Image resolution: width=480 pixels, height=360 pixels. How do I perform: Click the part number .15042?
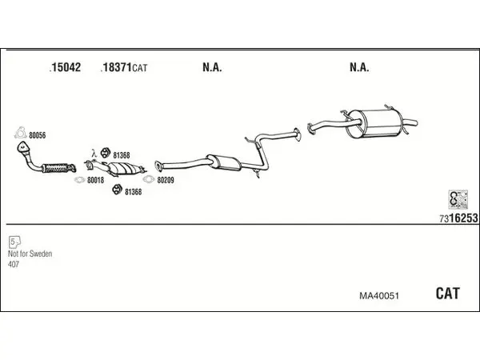[65, 67]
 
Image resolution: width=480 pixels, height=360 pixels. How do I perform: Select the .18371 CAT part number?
[124, 67]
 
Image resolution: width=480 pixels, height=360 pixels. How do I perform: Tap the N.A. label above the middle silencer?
[212, 67]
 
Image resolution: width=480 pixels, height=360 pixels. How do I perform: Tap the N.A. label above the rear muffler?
[359, 67]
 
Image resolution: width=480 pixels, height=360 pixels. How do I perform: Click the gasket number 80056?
[38, 135]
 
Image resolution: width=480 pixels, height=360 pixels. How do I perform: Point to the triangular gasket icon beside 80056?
[20, 133]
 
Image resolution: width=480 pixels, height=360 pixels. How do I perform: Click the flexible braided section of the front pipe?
[57, 168]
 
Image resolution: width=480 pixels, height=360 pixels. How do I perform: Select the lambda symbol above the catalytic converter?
[94, 153]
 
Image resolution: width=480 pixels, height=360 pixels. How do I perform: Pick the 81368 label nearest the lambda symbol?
[122, 155]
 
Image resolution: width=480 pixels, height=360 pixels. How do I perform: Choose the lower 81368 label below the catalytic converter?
[133, 192]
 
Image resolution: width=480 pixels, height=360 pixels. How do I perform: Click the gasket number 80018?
[95, 180]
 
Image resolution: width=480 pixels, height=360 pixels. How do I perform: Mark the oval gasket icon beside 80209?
[149, 179]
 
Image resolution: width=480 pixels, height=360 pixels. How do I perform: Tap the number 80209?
[166, 180]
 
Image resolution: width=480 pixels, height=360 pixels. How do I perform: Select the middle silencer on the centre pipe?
[224, 162]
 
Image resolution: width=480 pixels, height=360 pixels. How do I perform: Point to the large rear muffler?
[374, 123]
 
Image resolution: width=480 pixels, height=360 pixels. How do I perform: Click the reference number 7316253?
[458, 218]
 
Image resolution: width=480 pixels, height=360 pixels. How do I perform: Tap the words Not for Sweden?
[30, 254]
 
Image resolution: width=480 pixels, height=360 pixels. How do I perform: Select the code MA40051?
[379, 296]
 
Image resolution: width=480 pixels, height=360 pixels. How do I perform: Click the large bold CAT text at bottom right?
[447, 294]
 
